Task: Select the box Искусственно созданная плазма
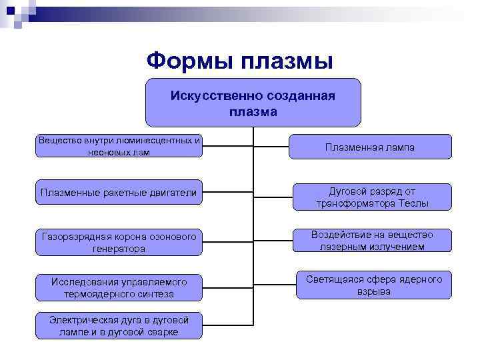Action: coord(253,103)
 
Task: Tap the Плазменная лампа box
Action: coord(370,147)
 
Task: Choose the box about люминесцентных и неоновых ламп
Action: coord(119,146)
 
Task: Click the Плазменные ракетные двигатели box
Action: coord(119,193)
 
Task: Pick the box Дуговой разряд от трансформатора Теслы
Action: coord(372,197)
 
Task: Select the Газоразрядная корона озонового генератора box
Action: coord(119,242)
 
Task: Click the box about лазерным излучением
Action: coord(372,241)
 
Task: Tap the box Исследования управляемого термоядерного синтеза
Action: coord(119,288)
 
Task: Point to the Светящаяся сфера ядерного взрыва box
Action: coord(373,285)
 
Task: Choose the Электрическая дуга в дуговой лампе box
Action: coord(119,325)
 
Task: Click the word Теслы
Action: coord(412,204)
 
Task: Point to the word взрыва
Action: coord(373,292)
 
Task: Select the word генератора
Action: coord(119,249)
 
